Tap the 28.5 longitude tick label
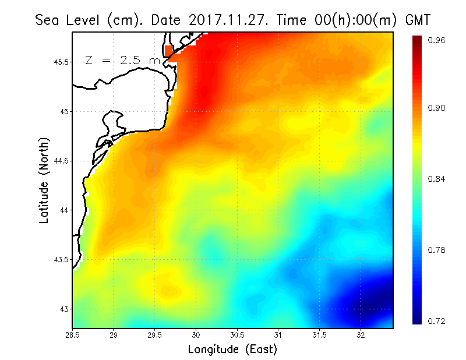point(72,336)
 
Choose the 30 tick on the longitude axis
point(196,336)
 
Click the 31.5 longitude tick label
point(320,336)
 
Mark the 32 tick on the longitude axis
point(361,336)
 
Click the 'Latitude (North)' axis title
point(44,180)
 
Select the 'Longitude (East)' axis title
point(232,350)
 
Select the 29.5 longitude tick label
point(155,336)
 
